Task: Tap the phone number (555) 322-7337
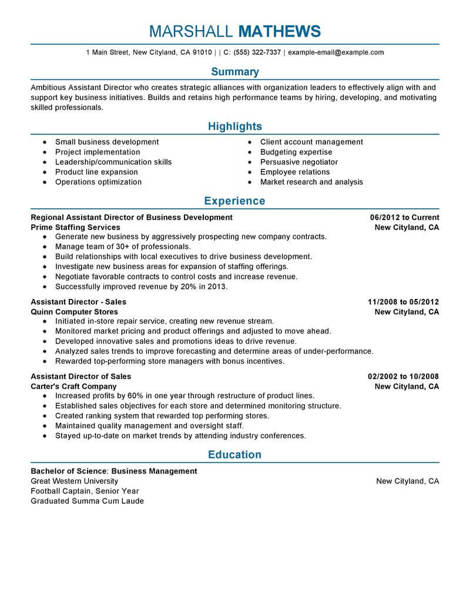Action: tap(257, 52)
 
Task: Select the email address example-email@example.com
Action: tap(336, 52)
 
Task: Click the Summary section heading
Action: tap(235, 72)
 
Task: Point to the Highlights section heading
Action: tap(235, 127)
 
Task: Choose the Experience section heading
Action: tap(235, 201)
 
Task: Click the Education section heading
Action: tap(235, 455)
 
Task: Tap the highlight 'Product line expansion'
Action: tap(96, 172)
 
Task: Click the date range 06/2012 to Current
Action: tap(404, 217)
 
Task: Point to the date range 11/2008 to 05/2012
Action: tap(403, 302)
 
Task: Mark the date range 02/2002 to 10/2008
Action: tap(403, 377)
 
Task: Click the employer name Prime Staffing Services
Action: tap(75, 227)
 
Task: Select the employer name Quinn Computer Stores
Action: tap(74, 312)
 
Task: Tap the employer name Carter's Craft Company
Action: tap(73, 387)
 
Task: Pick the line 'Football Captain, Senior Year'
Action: tap(85, 491)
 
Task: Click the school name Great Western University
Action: tap(74, 481)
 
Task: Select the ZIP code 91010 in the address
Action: tap(202, 52)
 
